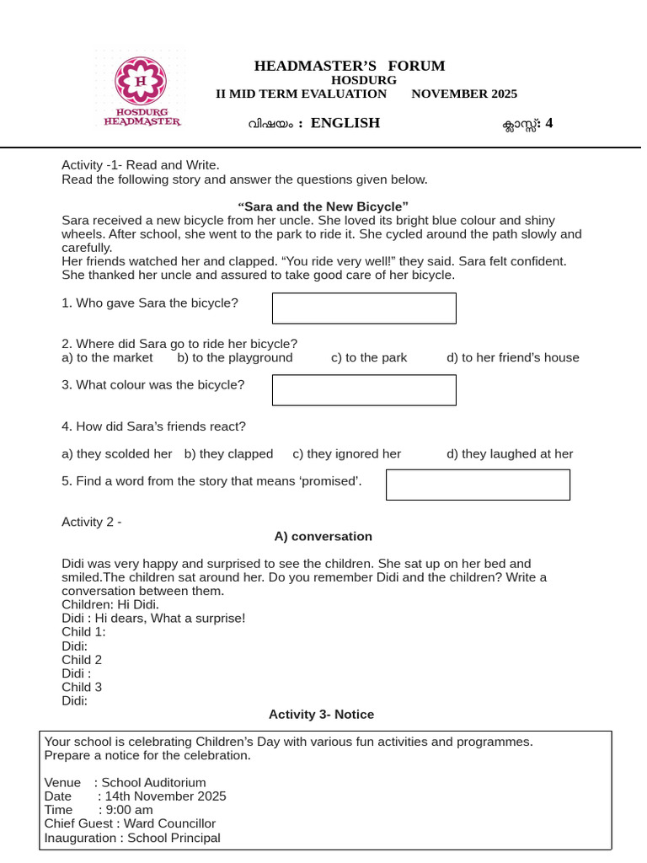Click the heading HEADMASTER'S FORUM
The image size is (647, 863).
(350, 67)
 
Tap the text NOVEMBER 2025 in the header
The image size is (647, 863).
(464, 94)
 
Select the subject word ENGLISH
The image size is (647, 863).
(345, 123)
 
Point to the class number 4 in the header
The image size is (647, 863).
(549, 123)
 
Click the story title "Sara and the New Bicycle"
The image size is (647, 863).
(323, 206)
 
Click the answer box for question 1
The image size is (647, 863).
(364, 308)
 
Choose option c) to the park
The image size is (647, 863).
(369, 357)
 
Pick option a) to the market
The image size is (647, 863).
(108, 357)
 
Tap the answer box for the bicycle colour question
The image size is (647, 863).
(364, 390)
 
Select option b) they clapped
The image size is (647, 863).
(228, 453)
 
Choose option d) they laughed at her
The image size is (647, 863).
(510, 453)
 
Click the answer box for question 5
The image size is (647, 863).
(478, 485)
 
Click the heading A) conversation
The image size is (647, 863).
(323, 537)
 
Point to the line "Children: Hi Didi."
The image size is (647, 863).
(110, 604)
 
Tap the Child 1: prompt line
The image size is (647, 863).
(83, 632)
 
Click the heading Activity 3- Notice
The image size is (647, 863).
(321, 715)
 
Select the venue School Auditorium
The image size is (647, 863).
(153, 782)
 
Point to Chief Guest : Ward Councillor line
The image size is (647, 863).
(130, 823)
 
